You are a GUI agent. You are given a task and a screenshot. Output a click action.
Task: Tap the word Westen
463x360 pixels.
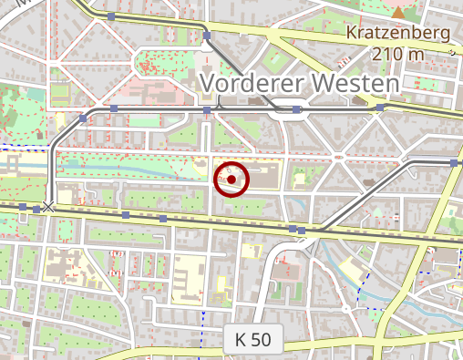[355, 83]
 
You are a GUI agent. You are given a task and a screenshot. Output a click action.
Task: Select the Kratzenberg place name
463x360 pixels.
[399, 35]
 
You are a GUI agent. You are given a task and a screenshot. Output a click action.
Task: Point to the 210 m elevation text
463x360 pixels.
[399, 54]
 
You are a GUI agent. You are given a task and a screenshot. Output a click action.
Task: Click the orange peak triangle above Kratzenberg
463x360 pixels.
[398, 12]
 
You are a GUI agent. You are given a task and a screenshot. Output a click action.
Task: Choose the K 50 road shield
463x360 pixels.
[253, 340]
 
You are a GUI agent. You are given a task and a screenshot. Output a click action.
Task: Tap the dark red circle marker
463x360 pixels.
[231, 180]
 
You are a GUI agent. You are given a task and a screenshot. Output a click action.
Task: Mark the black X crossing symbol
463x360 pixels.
[48, 208]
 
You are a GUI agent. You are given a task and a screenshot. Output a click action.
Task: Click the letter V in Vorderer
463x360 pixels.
[207, 83]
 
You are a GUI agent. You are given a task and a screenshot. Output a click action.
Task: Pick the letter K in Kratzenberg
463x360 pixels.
[352, 35]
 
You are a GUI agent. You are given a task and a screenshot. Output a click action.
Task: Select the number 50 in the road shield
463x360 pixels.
[262, 340]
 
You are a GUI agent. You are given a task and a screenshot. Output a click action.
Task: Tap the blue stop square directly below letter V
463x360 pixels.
[208, 110]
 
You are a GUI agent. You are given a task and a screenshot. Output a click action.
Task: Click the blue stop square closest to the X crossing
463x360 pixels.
[36, 210]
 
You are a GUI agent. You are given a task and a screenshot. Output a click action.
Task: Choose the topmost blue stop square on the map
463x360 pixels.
[111, 16]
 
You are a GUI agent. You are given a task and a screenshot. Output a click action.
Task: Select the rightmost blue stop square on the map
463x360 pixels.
[454, 162]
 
